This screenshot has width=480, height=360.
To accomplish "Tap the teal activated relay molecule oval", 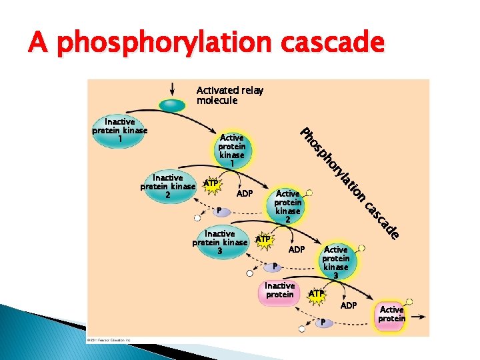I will [172, 105].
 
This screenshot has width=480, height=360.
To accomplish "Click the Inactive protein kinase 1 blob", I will [120, 131].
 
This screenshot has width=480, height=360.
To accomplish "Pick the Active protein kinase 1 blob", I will [232, 150].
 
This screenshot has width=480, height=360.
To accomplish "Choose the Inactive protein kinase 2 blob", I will [168, 187].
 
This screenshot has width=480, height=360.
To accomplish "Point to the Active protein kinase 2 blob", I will [288, 206].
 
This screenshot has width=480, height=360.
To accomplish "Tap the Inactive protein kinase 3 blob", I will [220, 243].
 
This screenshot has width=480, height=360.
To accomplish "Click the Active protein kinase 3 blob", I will [336, 262].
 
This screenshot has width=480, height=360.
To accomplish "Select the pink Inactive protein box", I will [279, 291].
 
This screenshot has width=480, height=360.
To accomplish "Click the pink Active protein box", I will [391, 315].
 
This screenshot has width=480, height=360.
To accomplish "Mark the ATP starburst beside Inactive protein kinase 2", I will [211, 183].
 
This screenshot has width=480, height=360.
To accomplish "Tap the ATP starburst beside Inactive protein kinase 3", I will [264, 239].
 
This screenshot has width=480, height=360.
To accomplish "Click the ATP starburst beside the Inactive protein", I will [317, 293].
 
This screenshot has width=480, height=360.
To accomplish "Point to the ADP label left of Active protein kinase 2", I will [245, 194].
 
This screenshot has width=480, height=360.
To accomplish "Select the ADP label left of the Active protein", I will [349, 305].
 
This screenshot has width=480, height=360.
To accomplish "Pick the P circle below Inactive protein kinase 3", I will [272, 267].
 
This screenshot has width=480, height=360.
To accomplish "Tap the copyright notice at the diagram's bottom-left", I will [110, 339].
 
